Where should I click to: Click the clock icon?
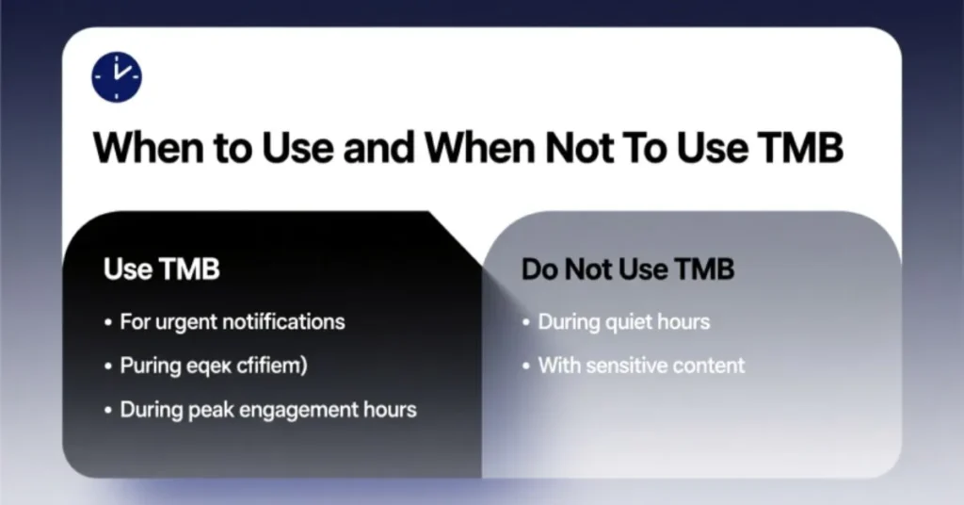pyautogui.click(x=117, y=77)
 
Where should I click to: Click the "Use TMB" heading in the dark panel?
pyautogui.click(x=162, y=269)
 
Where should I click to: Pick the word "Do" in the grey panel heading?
pyautogui.click(x=539, y=269)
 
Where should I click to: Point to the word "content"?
pyautogui.click(x=712, y=366)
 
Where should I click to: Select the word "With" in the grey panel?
pyautogui.click(x=556, y=366)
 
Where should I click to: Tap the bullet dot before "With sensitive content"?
pyautogui.click(x=526, y=366)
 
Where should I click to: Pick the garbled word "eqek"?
pyautogui.click(x=206, y=367)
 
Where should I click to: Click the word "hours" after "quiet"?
pyautogui.click(x=684, y=322)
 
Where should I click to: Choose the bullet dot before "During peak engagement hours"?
pyautogui.click(x=108, y=411)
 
